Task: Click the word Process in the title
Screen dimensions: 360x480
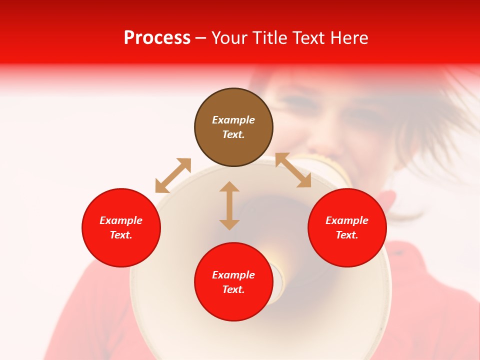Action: (157, 38)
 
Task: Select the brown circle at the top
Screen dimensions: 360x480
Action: (233, 127)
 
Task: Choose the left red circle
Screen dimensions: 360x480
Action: (121, 227)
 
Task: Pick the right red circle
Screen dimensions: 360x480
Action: (347, 227)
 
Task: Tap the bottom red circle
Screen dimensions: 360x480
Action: (233, 282)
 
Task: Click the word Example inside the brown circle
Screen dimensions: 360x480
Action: (233, 120)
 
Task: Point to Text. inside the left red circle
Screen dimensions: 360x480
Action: (121, 235)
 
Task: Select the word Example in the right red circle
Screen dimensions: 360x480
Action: (347, 220)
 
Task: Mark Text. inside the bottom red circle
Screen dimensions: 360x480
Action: (233, 289)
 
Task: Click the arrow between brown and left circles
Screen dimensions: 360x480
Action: (173, 175)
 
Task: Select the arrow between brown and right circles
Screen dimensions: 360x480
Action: (293, 170)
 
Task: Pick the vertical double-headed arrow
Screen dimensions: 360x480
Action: (229, 205)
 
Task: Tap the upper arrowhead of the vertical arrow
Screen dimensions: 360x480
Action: (229, 186)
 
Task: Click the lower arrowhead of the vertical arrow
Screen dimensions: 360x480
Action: (229, 224)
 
